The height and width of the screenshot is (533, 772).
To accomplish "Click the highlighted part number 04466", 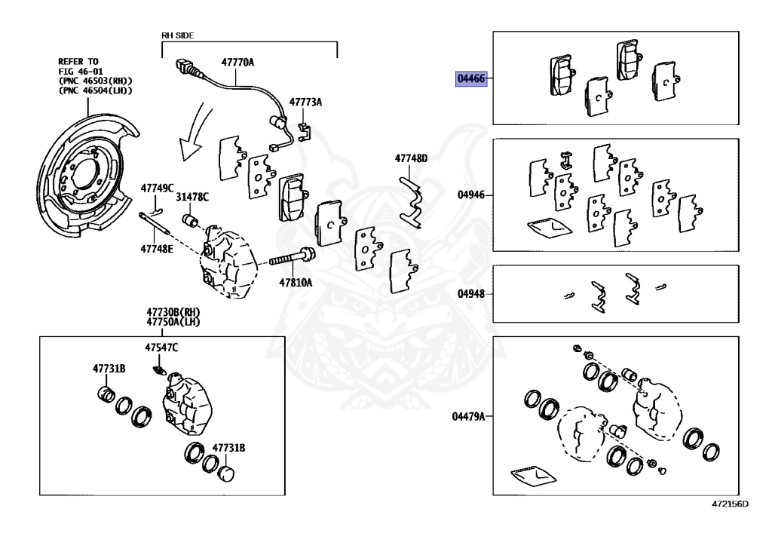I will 471,78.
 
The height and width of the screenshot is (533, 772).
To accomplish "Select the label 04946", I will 471,195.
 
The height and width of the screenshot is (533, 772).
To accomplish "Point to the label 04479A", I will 468,416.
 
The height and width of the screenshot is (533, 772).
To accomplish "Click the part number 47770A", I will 237,64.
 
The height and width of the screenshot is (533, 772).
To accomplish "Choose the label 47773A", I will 305,102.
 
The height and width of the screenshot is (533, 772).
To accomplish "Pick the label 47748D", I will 411,158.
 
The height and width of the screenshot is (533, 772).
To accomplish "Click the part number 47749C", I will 158,187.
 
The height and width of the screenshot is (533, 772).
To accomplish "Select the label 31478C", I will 192,197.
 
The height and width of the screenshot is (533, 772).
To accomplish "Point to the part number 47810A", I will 296,282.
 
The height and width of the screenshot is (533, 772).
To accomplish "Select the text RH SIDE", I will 178,35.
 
